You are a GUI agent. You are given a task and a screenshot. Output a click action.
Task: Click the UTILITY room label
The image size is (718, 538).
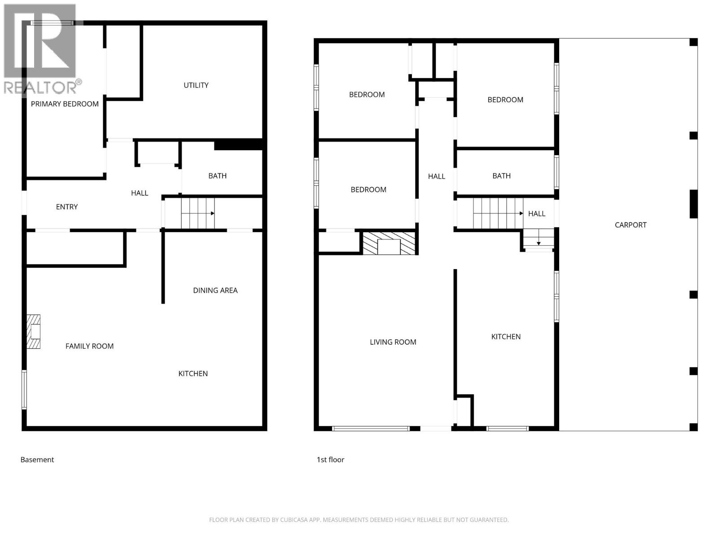coord(196,85)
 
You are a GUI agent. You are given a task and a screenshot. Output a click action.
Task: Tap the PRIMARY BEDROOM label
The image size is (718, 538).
coord(65,104)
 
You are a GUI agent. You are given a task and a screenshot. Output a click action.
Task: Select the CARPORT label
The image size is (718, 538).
coord(630,225)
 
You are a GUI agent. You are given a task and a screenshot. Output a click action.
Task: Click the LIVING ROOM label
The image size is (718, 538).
coord(393,342)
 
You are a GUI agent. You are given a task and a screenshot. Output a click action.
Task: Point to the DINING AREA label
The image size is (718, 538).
coord(215,291)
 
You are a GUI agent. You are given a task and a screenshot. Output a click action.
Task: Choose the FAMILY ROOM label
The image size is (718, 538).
coord(89,346)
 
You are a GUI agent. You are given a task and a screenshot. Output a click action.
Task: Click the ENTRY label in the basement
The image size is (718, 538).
coord(66,207)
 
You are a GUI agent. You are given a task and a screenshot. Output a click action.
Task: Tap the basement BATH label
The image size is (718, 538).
coord(217,176)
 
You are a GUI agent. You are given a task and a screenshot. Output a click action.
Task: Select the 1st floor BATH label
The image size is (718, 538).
coord(501,176)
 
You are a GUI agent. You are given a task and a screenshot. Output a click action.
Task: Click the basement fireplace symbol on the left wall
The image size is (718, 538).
coord(34,332)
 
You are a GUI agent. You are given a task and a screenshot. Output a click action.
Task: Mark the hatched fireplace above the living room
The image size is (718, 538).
coord(389,243)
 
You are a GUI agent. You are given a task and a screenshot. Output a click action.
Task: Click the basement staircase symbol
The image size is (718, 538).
coord(197,213)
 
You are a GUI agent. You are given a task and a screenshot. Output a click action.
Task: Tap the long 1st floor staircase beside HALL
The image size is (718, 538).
coord(498,213)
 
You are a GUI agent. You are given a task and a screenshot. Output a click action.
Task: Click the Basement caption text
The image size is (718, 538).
coord(37,460)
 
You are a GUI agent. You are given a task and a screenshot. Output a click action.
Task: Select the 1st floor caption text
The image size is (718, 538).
coord(330,460)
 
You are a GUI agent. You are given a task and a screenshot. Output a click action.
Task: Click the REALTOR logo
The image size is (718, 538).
coord(40,49)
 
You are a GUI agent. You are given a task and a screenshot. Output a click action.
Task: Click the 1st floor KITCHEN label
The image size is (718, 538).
coord(506,337)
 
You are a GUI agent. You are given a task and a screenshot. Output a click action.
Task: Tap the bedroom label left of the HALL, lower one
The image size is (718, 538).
coord(368,190)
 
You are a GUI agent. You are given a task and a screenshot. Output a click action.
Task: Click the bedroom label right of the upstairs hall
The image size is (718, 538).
coord(505,100)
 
